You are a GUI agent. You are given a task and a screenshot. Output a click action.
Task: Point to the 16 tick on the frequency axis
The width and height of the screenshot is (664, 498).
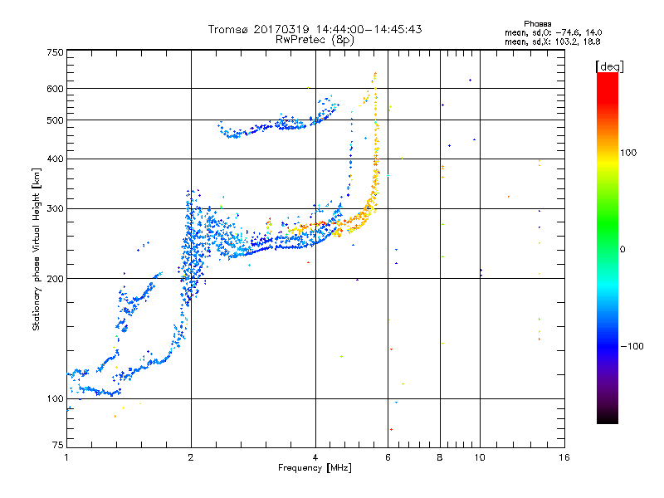coord(564,457)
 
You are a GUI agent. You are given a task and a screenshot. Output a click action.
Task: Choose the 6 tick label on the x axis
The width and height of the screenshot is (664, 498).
coord(388,457)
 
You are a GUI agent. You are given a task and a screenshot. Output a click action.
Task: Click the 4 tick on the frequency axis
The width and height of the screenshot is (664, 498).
coord(315,457)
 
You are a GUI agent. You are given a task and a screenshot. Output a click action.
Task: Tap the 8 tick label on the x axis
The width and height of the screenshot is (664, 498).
coord(440,457)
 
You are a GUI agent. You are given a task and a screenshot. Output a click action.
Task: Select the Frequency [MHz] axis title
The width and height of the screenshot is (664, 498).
coord(315,469)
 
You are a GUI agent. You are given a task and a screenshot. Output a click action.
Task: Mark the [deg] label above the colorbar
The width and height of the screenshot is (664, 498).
coord(608,66)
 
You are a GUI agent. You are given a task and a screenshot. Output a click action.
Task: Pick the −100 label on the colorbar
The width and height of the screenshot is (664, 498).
coord(633,346)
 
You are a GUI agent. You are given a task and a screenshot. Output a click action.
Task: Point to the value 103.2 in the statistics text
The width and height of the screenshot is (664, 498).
coord(568,41)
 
